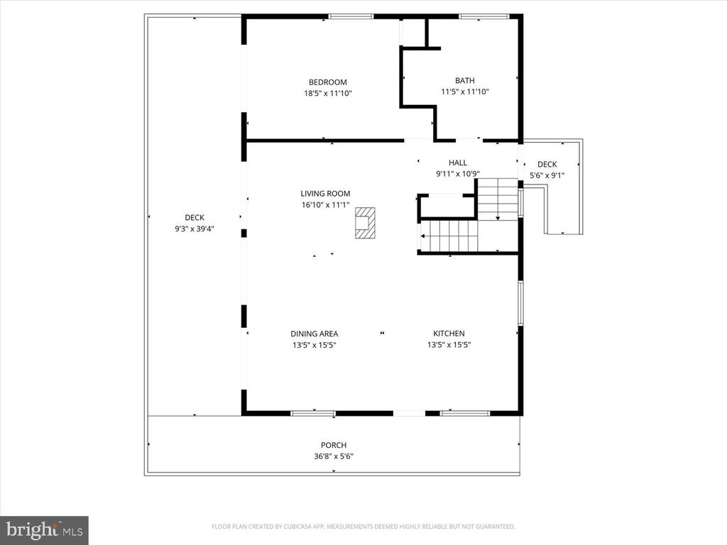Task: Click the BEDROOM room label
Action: pos(327,82)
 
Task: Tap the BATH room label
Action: pos(465,81)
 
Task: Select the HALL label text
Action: pos(457,163)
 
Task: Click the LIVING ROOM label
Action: pos(325,194)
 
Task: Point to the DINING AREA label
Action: pos(314,334)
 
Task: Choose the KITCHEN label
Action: pos(449,334)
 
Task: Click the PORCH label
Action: pos(333,445)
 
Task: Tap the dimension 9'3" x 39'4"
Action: pos(195,229)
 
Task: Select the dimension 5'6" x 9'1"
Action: pos(547,175)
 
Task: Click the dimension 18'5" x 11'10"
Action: pos(327,93)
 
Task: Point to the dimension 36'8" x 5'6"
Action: pos(333,456)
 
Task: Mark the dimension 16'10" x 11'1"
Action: pos(325,205)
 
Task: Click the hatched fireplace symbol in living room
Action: pos(364,222)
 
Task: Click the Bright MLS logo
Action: pos(44,529)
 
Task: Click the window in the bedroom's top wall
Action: pos(351,16)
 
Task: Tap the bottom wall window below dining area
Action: pos(313,412)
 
